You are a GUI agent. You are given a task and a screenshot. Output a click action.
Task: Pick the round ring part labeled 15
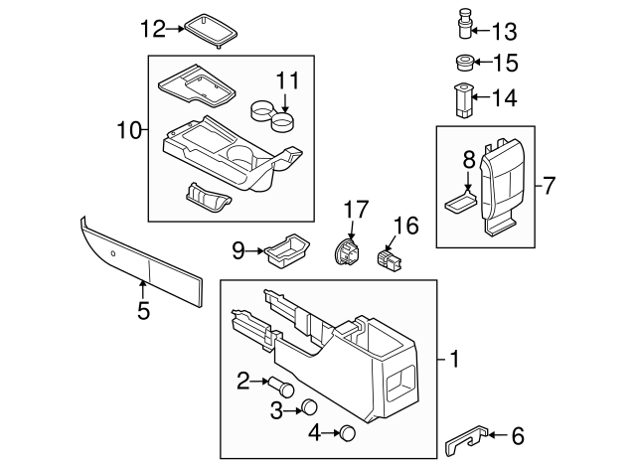pos(462,64)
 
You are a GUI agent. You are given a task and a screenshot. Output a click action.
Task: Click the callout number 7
pos(550,186)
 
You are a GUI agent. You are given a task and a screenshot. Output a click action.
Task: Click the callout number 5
pos(143,311)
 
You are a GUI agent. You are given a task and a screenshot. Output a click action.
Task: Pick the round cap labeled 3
pos(309,408)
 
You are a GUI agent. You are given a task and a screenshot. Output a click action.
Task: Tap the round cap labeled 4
pos(347,431)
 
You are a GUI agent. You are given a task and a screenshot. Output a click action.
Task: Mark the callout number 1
pos(454,360)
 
